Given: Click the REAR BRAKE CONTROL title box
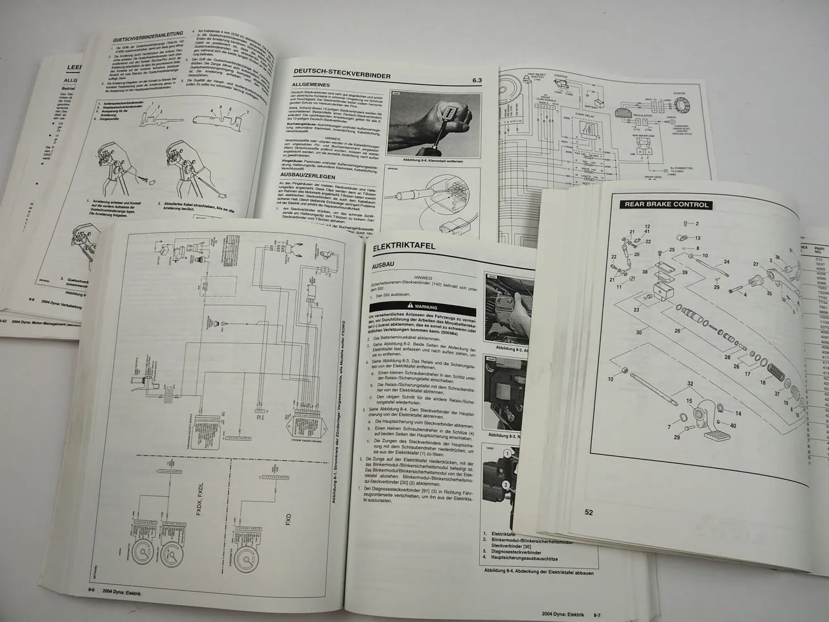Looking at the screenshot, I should click(665, 205).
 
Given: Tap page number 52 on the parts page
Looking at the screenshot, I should click(589, 512).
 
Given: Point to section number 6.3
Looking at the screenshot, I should click(477, 80).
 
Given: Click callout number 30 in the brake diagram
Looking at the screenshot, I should click(622, 332).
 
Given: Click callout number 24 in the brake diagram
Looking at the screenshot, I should click(726, 262).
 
